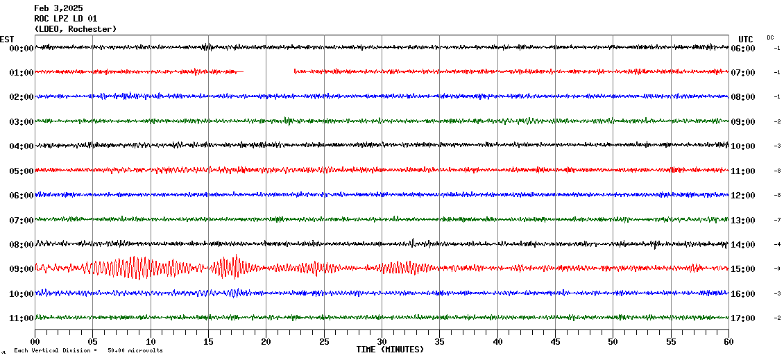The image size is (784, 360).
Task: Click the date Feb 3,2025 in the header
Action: [58, 8]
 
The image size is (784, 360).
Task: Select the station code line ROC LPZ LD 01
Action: [66, 18]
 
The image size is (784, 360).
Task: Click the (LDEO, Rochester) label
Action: [76, 28]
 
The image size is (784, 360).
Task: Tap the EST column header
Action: [7, 39]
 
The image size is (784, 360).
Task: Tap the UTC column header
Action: [746, 39]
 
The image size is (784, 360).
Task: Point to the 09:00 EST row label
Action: [22, 269]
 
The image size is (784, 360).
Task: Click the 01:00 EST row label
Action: [22, 72]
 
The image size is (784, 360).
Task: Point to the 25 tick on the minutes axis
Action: [324, 342]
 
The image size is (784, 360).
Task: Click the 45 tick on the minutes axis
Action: [555, 342]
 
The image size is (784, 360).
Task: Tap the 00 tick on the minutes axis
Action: [35, 342]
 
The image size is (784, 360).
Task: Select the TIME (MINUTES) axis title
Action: [390, 350]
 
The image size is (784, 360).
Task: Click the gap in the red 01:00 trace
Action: [269, 71]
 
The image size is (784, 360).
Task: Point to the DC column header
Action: [770, 37]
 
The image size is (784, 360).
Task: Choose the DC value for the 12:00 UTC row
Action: [778, 195]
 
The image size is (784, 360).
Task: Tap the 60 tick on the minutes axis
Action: [728, 342]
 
